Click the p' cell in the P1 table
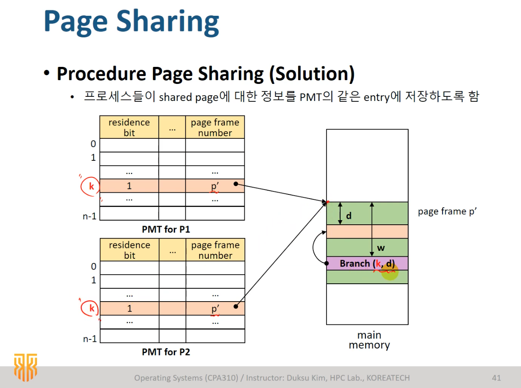coord(215,186)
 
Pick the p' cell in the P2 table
coord(215,308)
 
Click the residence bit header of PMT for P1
coord(129,128)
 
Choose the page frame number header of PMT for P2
coord(215,250)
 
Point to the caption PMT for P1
coord(166,229)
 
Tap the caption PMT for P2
coord(166,352)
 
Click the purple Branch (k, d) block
coord(367,263)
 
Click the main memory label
coord(369,340)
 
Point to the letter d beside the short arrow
coord(349,216)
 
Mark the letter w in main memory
coord(381,248)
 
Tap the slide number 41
coord(496,378)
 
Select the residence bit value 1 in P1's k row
coord(129,186)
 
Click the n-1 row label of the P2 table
coord(90,339)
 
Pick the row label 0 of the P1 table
coord(93,144)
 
